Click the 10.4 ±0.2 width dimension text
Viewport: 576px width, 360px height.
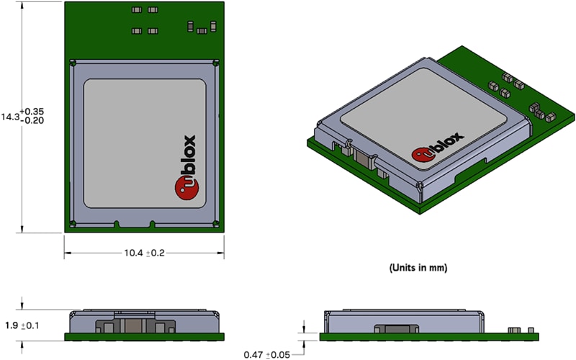pyautogui.click(x=143, y=253)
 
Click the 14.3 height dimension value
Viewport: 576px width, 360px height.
pyautogui.click(x=10, y=116)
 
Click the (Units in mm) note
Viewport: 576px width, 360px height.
pyautogui.click(x=418, y=267)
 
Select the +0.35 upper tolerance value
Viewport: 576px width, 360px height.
pyautogui.click(x=33, y=111)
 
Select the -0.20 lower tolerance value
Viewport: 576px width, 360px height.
pyautogui.click(x=33, y=121)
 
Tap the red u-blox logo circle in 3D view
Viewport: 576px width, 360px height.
pyautogui.click(x=423, y=154)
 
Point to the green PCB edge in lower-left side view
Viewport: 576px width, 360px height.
pyautogui.click(x=143, y=336)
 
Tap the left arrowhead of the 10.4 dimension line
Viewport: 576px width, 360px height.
pyautogui.click(x=68, y=253)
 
